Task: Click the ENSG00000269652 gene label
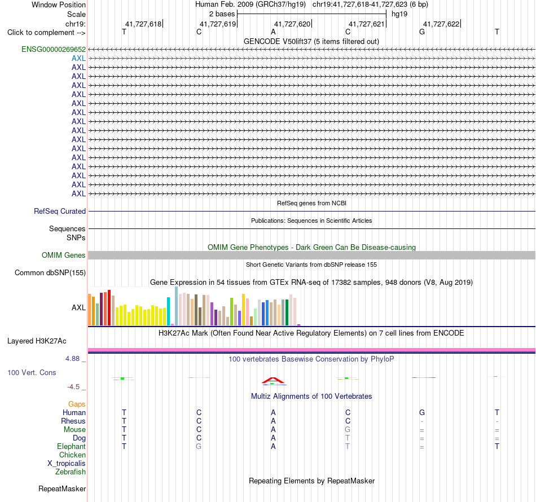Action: (54, 50)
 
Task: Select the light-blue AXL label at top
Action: (78, 59)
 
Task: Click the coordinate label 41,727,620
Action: (292, 24)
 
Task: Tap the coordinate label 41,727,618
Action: (143, 24)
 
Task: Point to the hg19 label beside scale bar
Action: (399, 14)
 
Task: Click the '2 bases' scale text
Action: (222, 14)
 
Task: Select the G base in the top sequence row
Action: (422, 32)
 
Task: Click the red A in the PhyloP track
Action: (273, 380)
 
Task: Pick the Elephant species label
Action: (71, 446)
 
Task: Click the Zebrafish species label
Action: (71, 472)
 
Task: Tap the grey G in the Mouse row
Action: (348, 430)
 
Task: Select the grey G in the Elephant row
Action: (199, 446)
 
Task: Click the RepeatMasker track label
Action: (62, 489)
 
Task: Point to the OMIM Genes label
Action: (64, 256)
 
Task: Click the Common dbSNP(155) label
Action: (50, 272)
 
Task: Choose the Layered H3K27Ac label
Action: (37, 341)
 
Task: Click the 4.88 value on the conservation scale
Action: (72, 359)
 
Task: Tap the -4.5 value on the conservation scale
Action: (73, 387)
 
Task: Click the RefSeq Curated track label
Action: (60, 211)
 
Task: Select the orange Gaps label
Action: (77, 404)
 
